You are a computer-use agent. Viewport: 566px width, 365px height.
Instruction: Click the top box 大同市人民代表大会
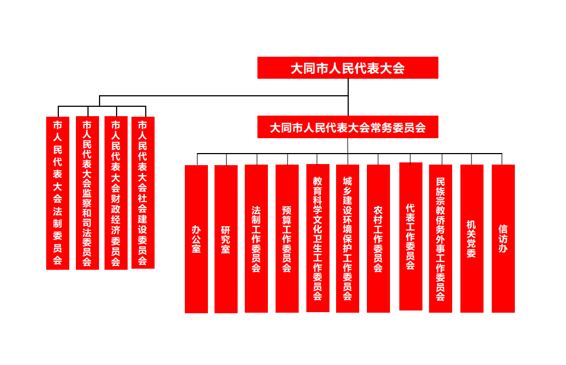[x=348, y=68]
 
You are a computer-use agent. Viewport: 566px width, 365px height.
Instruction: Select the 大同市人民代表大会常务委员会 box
[x=348, y=127]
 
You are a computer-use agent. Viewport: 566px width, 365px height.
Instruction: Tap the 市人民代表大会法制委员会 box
[x=58, y=193]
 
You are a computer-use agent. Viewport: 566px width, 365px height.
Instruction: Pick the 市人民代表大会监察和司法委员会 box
[x=87, y=193]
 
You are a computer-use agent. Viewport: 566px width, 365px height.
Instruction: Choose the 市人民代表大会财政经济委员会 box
[x=116, y=193]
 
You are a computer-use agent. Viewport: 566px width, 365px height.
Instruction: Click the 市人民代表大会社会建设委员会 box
[x=143, y=193]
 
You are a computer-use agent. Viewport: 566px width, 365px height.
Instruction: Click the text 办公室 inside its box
[x=196, y=238]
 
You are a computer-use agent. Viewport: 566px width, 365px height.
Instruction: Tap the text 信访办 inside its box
[x=503, y=238]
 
